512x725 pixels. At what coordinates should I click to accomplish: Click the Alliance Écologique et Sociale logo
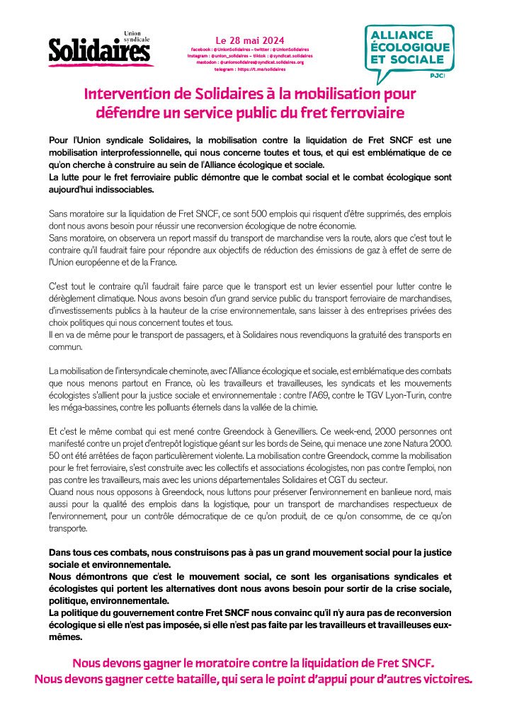(x=409, y=51)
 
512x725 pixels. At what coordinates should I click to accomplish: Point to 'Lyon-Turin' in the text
(x=409, y=396)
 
